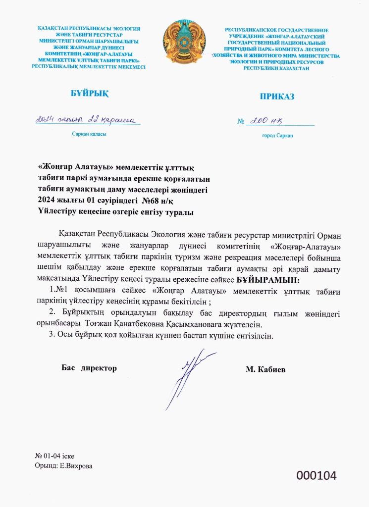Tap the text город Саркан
pyautogui.click(x=277, y=135)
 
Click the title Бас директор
pyautogui.click(x=89, y=368)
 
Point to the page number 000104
pyautogui.click(x=316, y=476)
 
